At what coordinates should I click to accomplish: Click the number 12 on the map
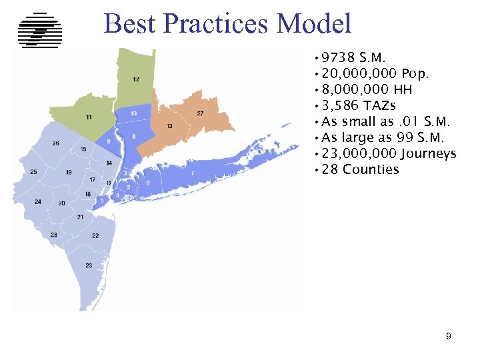[x=136, y=79]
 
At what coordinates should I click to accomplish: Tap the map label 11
[x=89, y=117]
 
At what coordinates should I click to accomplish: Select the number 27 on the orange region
[x=200, y=114]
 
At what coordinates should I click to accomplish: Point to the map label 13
[x=170, y=126]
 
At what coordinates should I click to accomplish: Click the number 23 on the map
[x=89, y=265]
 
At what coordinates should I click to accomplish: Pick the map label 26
[x=56, y=143]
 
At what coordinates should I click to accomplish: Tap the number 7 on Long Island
[x=193, y=173]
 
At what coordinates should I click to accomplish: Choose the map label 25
[x=33, y=172]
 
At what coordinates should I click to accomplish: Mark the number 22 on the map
[x=95, y=236]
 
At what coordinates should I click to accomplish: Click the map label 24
[x=38, y=201]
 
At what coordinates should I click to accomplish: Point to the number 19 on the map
[x=69, y=173]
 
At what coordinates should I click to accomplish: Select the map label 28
[x=53, y=235]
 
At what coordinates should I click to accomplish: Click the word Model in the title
[x=314, y=24]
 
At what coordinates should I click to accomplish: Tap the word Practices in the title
[x=216, y=24]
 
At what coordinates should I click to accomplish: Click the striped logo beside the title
[x=40, y=30]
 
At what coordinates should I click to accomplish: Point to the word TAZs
[x=380, y=105]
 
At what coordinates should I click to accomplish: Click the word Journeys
[x=428, y=154]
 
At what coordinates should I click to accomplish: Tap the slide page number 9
[x=449, y=337]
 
